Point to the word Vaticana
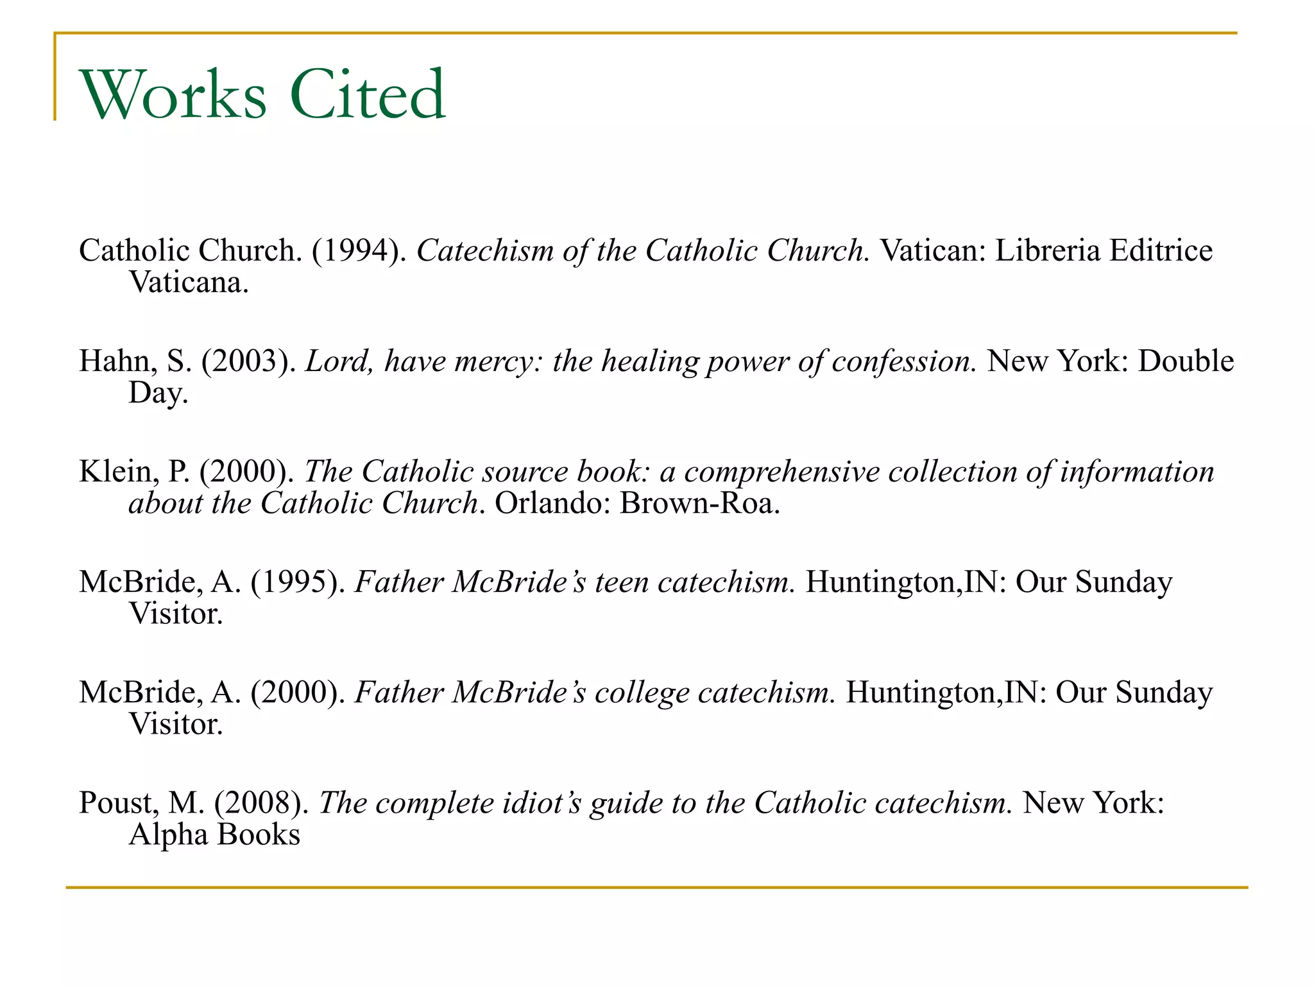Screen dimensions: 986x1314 (189, 282)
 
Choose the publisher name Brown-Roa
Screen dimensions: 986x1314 (699, 503)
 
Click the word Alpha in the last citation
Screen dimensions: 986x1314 (168, 835)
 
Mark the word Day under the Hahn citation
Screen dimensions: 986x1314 (158, 393)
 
